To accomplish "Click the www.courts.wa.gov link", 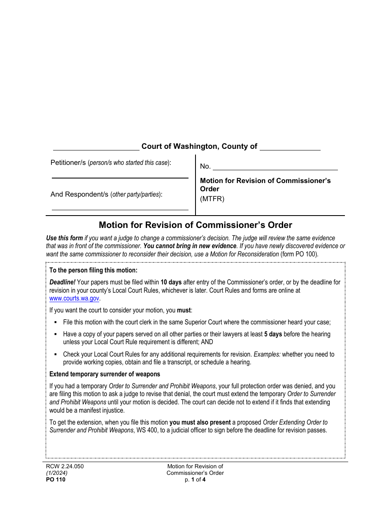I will coord(74,298).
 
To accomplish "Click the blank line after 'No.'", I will coord(275,169).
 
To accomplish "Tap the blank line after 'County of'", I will coord(290,149).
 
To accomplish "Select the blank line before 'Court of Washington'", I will coord(96,149).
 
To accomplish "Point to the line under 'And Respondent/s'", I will coord(120,209).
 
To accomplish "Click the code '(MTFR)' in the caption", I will coord(212,199).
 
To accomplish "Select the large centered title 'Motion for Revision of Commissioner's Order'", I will coord(195,225).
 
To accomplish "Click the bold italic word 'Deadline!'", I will coord(62,282).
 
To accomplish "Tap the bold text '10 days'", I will coord(171,282).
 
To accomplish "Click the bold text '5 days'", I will coord(273,334).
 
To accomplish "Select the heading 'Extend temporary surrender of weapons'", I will coord(105,374).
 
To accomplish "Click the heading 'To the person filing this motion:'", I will coord(93,270).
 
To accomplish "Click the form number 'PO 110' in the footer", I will coord(56,479).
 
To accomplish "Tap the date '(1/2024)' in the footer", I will coord(57,473).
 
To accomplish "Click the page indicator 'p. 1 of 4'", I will coord(195,479).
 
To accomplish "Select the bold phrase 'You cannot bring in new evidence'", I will coord(190,246).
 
